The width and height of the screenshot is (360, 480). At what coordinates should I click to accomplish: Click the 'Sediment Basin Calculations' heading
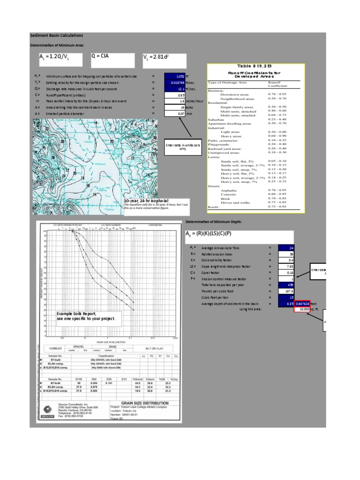[x=56, y=35]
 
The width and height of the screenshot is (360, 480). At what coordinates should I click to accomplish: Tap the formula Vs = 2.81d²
[x=164, y=60]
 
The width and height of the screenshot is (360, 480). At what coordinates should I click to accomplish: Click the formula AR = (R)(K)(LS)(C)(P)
[x=209, y=233]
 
